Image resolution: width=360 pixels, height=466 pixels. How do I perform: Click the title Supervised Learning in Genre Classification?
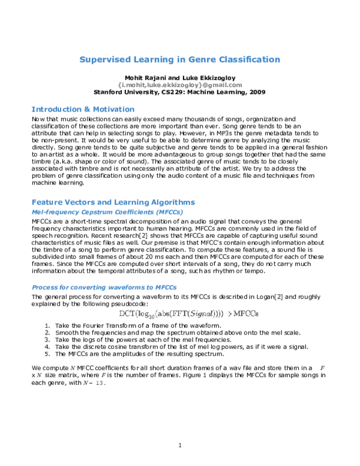tap(180, 59)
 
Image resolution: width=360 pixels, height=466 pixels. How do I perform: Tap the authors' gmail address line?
tap(180, 85)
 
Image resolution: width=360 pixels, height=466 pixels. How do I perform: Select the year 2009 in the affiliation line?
tap(257, 92)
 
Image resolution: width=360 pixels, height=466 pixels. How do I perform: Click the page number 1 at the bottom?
tap(180, 445)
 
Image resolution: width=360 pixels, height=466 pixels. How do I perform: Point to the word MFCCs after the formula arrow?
tap(245, 313)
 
